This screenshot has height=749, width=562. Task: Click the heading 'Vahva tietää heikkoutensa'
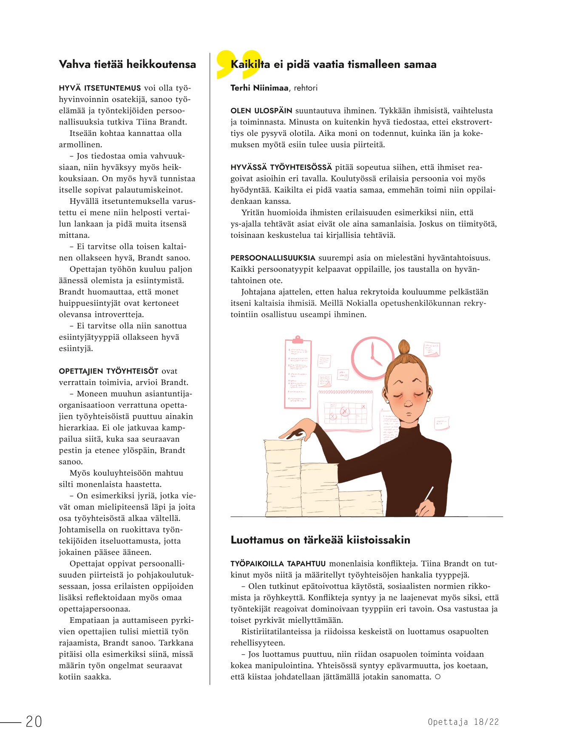pos(127,65)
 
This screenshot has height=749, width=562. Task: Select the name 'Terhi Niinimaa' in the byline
pos(259,88)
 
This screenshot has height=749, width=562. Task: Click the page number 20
pos(34,721)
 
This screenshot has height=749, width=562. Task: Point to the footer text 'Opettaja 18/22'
pos(463,722)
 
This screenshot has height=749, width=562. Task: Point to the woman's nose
pos(409,402)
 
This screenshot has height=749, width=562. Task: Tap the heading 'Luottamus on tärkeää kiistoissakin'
pos(320,540)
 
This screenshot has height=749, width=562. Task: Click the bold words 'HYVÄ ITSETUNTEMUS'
pos(100,88)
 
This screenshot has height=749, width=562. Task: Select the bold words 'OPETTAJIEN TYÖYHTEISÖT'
pos(108,371)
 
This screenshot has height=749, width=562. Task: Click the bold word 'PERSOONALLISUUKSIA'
pos(273,258)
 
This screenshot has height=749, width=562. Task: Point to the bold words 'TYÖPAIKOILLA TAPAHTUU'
pos(278,564)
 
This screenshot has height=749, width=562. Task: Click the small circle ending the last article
pos(437,677)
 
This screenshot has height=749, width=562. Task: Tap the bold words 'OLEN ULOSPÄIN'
pos(261,111)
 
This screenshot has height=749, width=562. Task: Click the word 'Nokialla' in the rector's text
pos(361,303)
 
